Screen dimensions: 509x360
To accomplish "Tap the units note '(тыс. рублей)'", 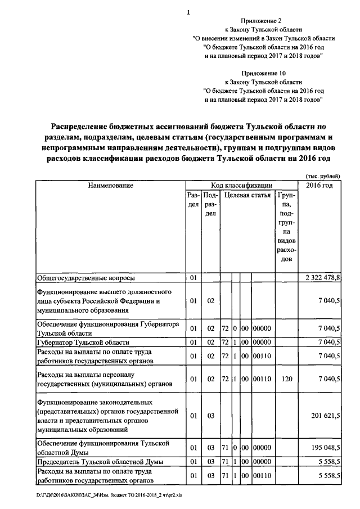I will (323, 175).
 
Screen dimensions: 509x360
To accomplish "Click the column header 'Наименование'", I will (111, 185).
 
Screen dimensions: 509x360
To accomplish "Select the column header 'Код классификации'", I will (242, 185).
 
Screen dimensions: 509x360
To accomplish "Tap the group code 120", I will (286, 379).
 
